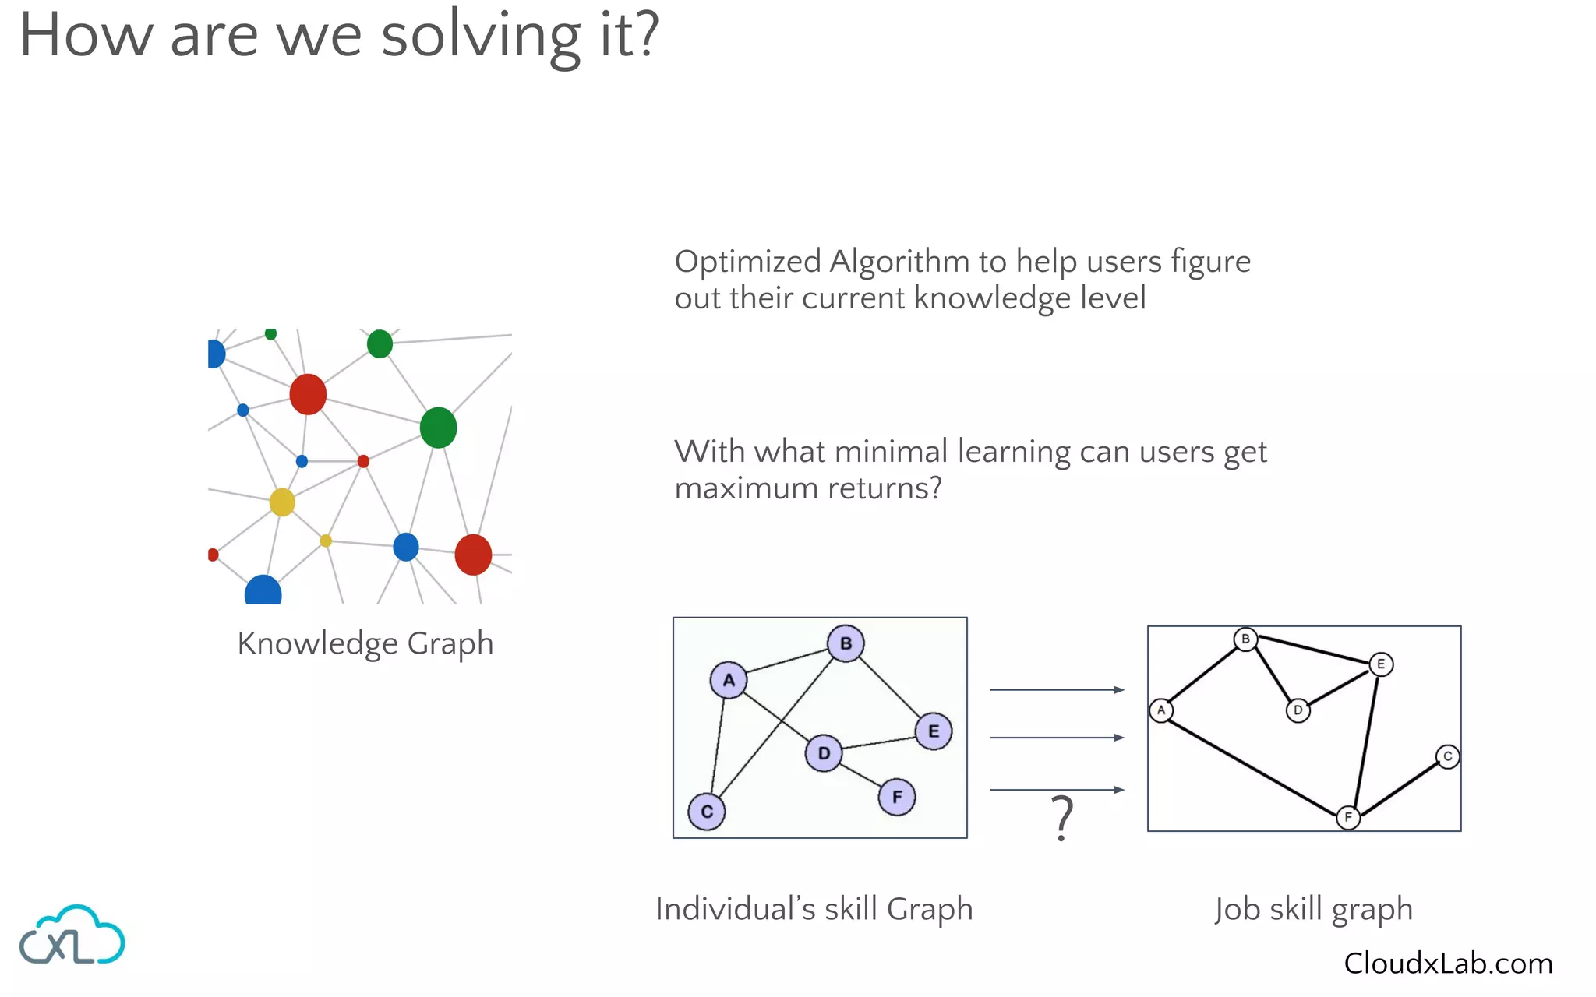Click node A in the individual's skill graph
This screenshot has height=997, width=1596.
(x=729, y=680)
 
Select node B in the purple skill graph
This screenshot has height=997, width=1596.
(x=846, y=643)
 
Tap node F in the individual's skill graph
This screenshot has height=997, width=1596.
(x=897, y=797)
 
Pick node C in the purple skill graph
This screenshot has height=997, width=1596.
(x=707, y=812)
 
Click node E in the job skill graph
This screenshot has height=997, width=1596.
(x=1381, y=664)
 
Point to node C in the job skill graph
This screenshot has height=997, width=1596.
(x=1447, y=756)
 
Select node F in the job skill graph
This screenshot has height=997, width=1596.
(x=1348, y=818)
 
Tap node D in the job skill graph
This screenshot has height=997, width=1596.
(x=1298, y=710)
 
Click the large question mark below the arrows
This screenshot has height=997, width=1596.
(x=1062, y=818)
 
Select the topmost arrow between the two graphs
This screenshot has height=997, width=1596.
(x=1056, y=690)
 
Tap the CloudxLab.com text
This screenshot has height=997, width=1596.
(x=1448, y=964)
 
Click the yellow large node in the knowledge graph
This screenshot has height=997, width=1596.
(x=282, y=502)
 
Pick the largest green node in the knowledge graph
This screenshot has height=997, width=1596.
(x=438, y=428)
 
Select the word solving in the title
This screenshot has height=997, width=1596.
(x=481, y=36)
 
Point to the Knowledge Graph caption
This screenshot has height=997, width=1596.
(x=365, y=644)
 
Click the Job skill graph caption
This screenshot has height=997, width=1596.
(x=1313, y=910)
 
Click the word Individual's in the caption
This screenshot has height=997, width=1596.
(x=735, y=909)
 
